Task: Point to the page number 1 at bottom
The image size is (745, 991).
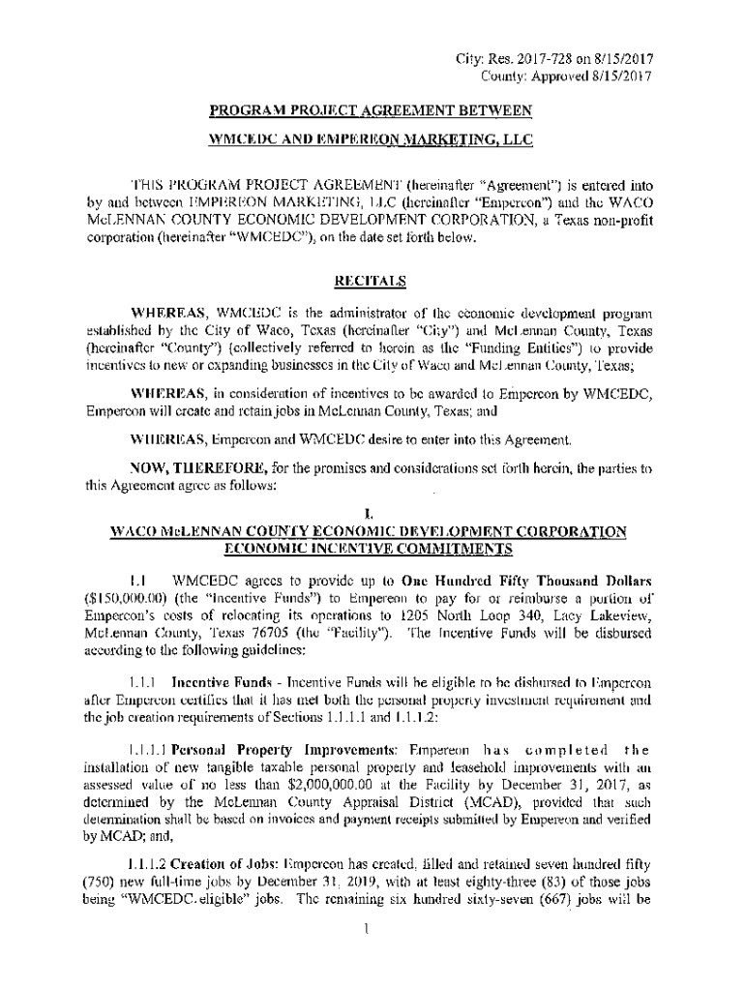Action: [370, 930]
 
